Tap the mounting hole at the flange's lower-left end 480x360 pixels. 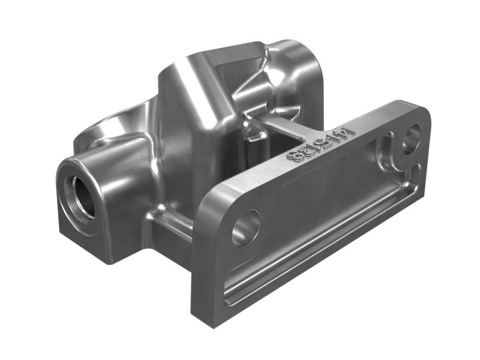click(x=246, y=227)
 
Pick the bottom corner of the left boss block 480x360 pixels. click(x=108, y=261)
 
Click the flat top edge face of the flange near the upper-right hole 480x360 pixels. click(x=384, y=114)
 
